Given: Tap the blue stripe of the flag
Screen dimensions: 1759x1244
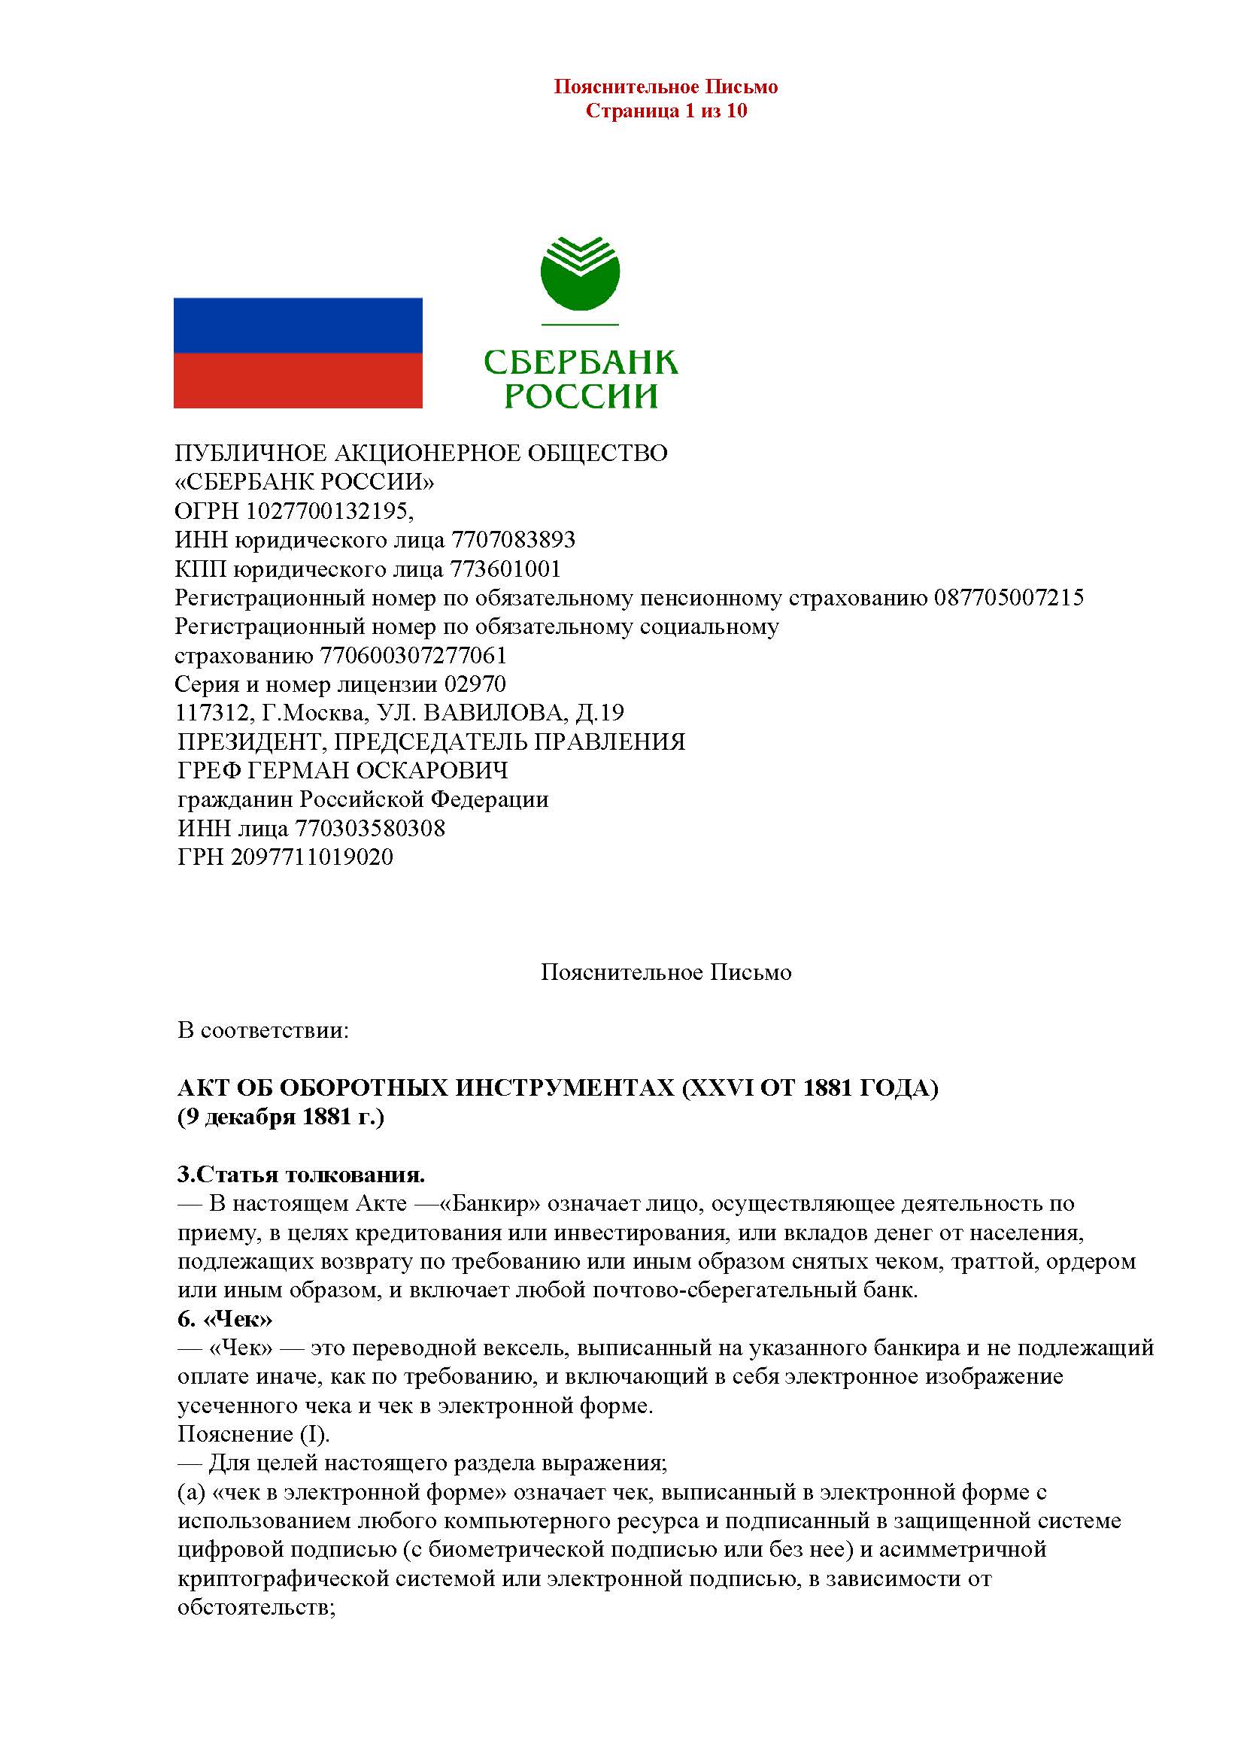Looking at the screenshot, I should click(298, 325).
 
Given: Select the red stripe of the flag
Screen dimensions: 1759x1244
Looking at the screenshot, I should click(298, 380).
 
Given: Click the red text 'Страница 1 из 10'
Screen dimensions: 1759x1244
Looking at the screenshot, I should click(666, 111).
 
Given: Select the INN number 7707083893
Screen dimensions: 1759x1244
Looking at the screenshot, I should click(513, 540).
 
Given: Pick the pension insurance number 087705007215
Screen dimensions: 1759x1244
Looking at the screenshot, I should click(1009, 599).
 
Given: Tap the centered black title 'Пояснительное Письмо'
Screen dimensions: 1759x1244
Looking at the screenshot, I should click(666, 973).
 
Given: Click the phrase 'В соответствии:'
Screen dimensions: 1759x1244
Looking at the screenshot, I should click(263, 1030).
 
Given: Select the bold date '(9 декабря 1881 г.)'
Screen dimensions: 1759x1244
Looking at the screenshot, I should click(281, 1117).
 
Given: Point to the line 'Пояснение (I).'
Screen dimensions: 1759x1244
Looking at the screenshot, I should click(253, 1434).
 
